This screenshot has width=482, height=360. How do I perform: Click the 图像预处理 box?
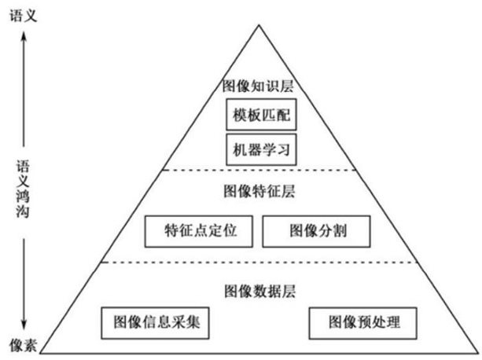click(362, 321)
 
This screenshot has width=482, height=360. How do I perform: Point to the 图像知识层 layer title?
click(257, 86)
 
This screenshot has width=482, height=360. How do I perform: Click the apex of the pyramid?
click(257, 23)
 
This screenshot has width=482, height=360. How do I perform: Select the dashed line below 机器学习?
click(257, 170)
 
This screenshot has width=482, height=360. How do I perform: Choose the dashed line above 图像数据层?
click(257, 263)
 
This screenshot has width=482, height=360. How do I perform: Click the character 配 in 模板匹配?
click(283, 115)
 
